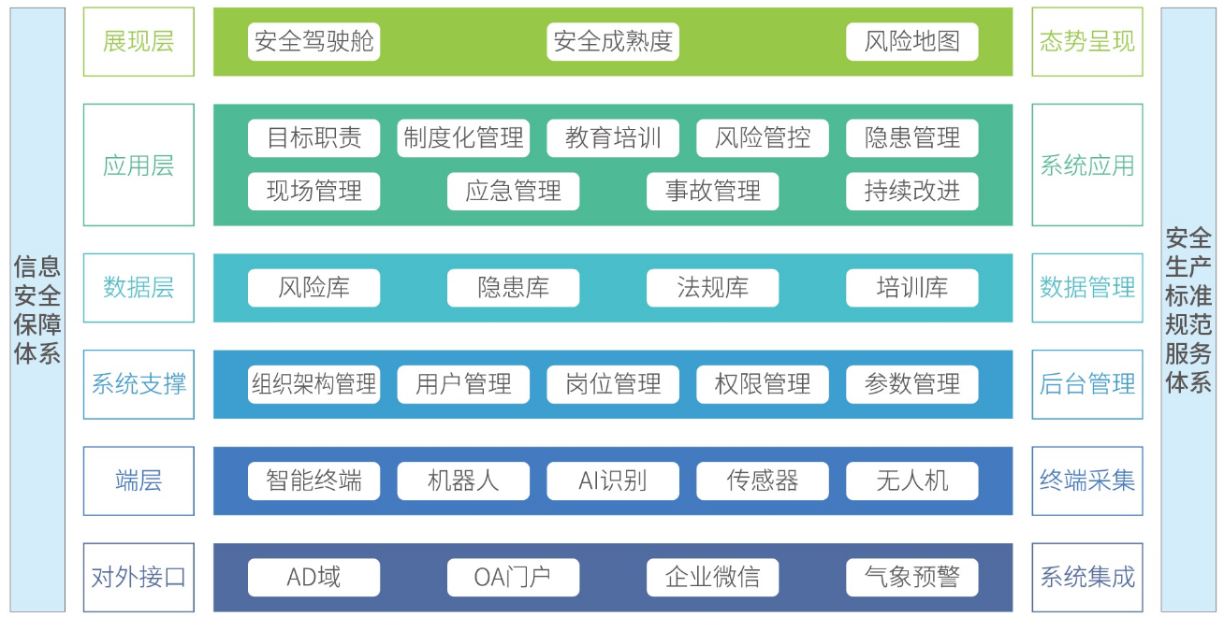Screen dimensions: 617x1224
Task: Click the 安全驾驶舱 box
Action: click(x=313, y=42)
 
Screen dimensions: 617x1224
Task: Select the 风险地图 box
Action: click(x=911, y=42)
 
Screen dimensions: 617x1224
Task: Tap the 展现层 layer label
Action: click(x=138, y=42)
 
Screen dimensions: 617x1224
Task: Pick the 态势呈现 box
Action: click(x=1087, y=42)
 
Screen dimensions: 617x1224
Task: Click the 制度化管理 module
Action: click(x=463, y=138)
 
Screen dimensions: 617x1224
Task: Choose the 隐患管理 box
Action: click(x=911, y=138)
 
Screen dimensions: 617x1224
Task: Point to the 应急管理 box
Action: click(x=513, y=192)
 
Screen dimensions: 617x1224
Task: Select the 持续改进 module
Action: click(x=911, y=192)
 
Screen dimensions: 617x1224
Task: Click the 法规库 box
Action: click(x=712, y=288)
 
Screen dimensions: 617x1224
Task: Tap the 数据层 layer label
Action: click(x=138, y=288)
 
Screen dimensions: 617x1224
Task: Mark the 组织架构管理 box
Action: click(x=313, y=384)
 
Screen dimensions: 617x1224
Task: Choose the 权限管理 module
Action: click(x=763, y=384)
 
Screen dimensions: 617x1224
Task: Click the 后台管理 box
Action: click(x=1087, y=384)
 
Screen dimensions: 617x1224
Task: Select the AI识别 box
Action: click(x=613, y=481)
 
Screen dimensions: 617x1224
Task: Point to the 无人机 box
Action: click(x=911, y=481)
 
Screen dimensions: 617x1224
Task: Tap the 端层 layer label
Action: click(x=138, y=481)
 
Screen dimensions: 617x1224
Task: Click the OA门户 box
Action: click(x=513, y=578)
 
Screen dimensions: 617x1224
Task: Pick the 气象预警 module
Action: click(x=911, y=578)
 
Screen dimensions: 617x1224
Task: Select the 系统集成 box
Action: click(x=1087, y=578)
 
